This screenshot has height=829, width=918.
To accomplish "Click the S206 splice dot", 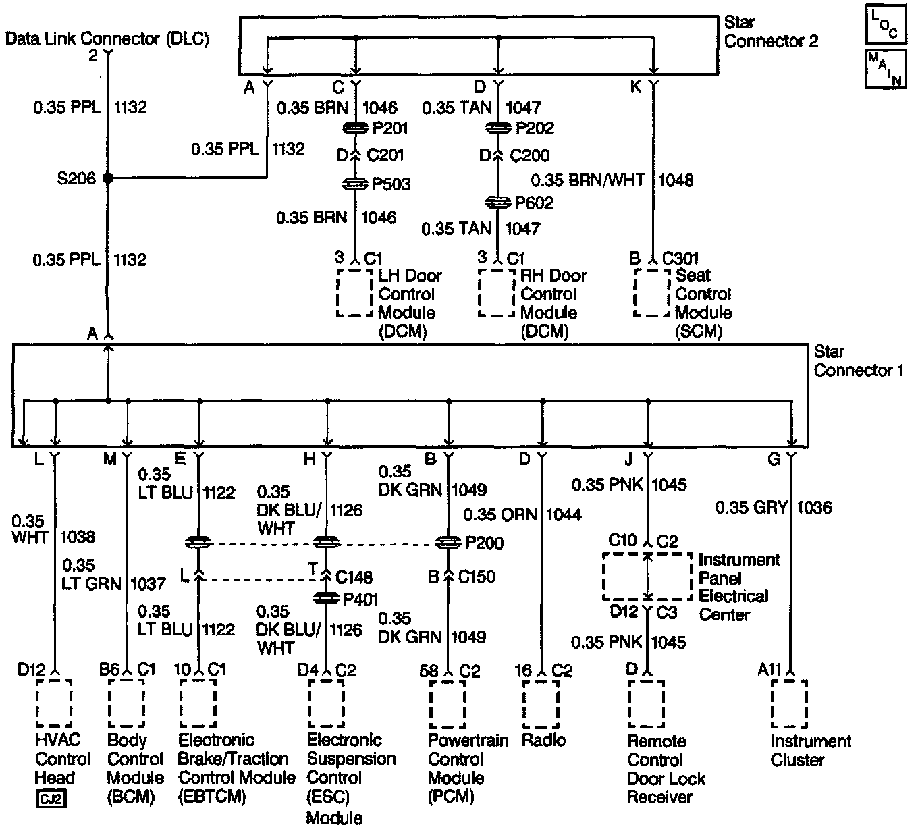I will [x=108, y=178].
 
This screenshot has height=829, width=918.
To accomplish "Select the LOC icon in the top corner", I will [x=884, y=25].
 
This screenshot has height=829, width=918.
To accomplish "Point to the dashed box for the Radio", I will [x=541, y=704].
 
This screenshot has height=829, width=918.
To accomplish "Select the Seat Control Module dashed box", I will [x=651, y=293].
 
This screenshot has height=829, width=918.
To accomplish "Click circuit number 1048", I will [x=676, y=180].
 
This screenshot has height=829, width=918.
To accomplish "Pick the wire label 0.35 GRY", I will [x=751, y=507].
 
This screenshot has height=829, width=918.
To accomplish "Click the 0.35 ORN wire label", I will [x=500, y=514].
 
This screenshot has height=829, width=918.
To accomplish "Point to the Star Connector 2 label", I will [x=770, y=32].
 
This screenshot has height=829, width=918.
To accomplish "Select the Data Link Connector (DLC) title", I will [x=107, y=38].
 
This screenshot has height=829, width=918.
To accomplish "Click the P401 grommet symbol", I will [x=327, y=599].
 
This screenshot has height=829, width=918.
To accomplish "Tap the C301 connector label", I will [x=680, y=259].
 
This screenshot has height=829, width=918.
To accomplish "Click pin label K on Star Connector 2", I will [x=635, y=87].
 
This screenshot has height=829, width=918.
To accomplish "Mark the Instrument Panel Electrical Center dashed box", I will [x=647, y=577].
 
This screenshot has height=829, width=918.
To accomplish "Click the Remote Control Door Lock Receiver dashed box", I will [x=647, y=704].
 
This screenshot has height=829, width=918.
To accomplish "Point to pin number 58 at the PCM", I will [x=428, y=670].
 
